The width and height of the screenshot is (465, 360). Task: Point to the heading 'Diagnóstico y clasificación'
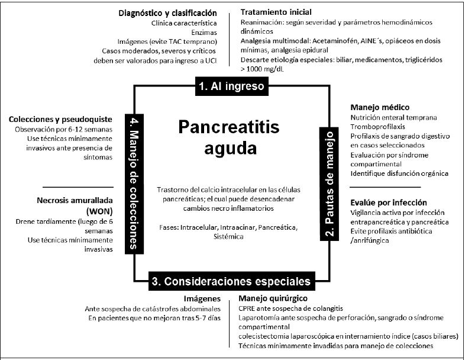[167, 12]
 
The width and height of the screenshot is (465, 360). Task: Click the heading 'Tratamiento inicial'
[276, 12]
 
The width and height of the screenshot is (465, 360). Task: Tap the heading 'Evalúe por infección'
[388, 202]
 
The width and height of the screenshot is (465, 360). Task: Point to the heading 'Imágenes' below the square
[203, 299]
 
